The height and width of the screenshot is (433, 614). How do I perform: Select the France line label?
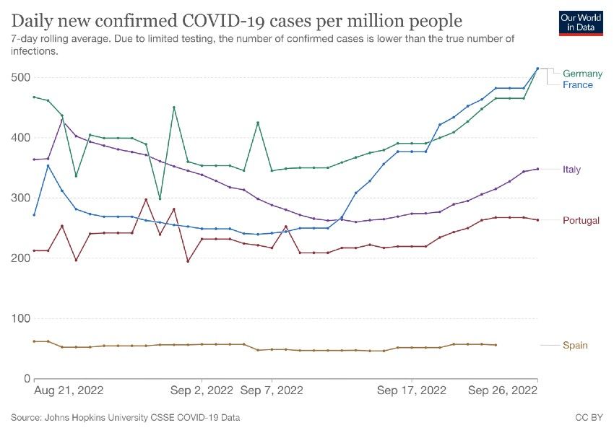point(578,85)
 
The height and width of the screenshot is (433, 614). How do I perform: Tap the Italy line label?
point(572,170)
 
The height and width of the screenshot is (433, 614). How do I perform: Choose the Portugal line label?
point(581,220)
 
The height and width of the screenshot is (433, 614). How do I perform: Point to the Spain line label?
point(575,345)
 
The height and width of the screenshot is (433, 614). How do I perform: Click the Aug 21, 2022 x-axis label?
point(69,390)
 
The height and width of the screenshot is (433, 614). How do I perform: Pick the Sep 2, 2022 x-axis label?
point(202,390)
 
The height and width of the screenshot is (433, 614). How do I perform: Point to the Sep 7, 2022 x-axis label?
point(272,390)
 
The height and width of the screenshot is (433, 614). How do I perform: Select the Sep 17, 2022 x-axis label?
point(412,390)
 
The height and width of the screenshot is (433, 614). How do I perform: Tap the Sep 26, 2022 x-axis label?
point(503,390)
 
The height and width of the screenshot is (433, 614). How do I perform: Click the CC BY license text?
point(589,418)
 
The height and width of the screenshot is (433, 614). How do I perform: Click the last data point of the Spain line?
point(496,345)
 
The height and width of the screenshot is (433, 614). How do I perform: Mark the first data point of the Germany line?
point(34,97)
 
